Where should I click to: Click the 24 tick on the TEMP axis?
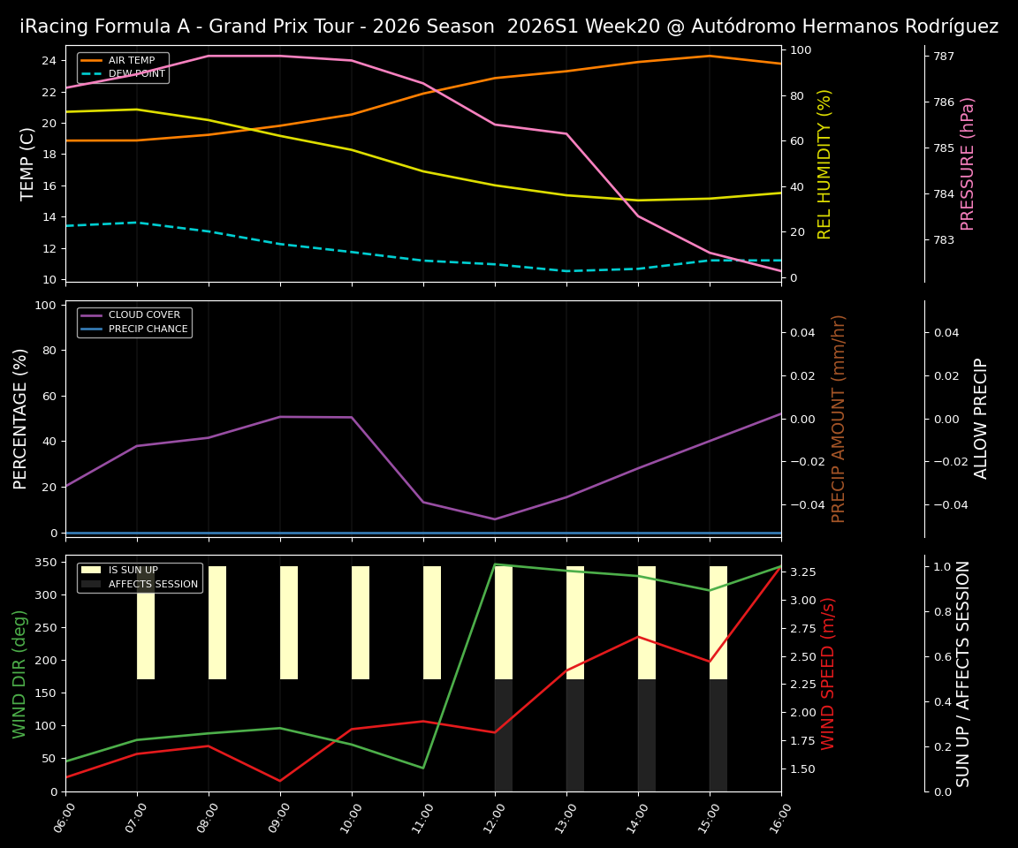click(49, 61)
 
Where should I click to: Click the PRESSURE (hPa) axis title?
click(969, 163)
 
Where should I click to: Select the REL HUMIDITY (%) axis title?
click(825, 163)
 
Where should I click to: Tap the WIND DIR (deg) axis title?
click(19, 673)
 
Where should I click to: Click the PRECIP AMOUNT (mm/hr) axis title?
click(839, 418)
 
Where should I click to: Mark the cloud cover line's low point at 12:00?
click(495, 519)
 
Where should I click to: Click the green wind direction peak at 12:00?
click(495, 564)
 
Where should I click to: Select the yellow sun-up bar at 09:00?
click(289, 623)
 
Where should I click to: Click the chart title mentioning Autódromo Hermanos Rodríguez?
click(509, 26)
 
